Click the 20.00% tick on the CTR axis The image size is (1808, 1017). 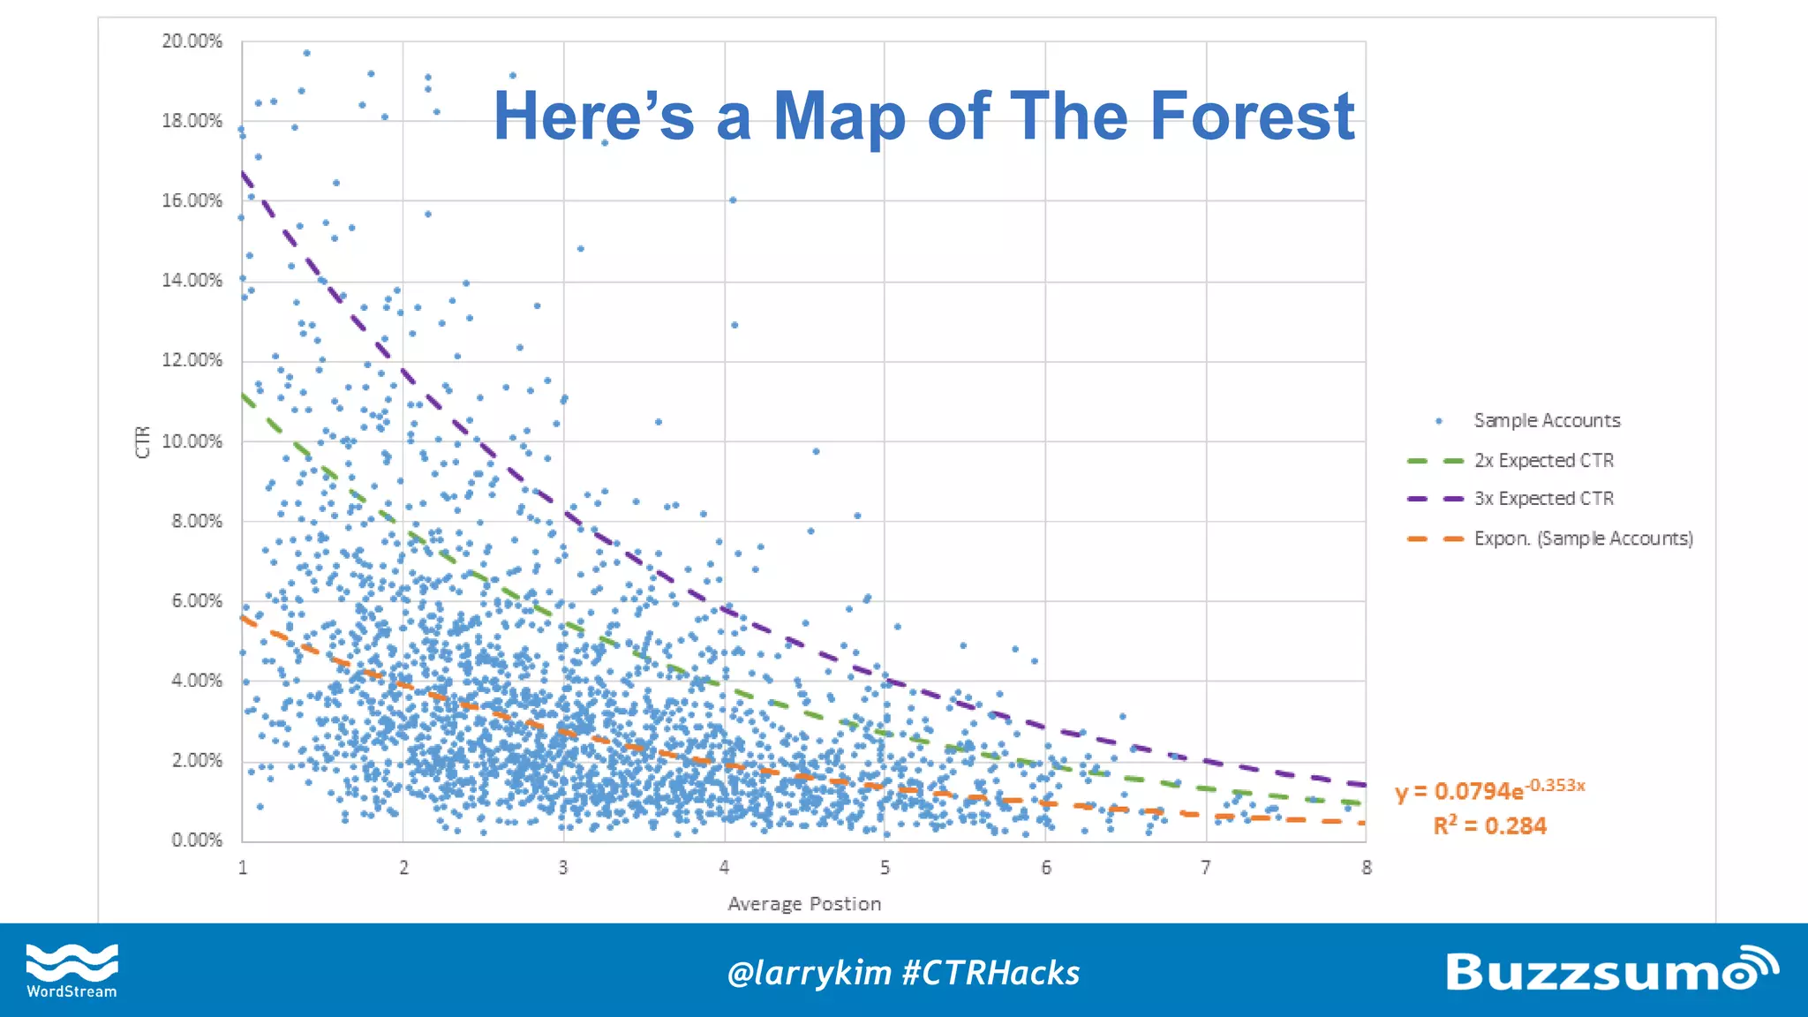click(x=192, y=41)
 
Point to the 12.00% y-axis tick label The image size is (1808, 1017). click(x=192, y=360)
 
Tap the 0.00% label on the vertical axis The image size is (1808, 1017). click(x=196, y=840)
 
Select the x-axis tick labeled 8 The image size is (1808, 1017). click(x=1367, y=868)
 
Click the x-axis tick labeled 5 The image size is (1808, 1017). click(x=885, y=868)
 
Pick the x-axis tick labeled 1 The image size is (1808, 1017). click(x=243, y=868)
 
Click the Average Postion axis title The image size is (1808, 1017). click(x=804, y=904)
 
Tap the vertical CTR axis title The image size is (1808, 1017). click(x=143, y=441)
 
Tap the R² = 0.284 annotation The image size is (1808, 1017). click(x=1490, y=826)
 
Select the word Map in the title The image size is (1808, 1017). click(x=839, y=117)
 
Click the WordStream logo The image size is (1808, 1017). click(x=72, y=970)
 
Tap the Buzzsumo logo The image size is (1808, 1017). click(x=1611, y=970)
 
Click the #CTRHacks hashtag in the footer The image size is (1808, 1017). click(x=991, y=973)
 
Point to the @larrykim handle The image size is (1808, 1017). click(x=809, y=973)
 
